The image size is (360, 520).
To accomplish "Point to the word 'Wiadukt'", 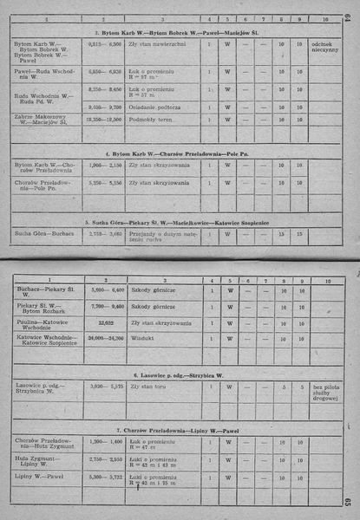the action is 142,338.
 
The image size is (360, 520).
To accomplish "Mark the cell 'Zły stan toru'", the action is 148,387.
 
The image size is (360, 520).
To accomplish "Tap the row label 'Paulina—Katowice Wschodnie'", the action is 49,324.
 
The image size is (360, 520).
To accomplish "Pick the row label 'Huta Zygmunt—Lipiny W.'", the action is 43,464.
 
